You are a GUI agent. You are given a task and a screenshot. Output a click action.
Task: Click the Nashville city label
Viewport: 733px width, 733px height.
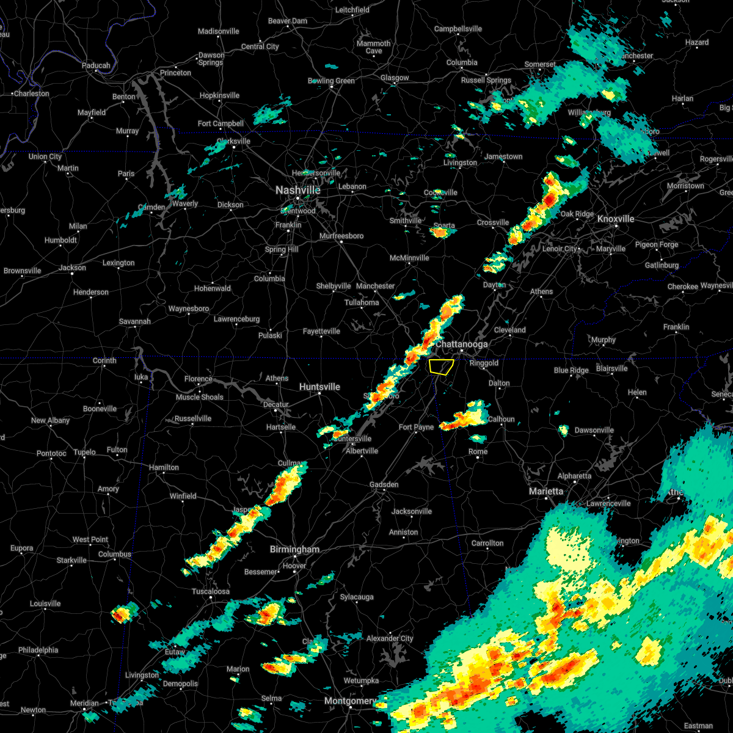click(297, 191)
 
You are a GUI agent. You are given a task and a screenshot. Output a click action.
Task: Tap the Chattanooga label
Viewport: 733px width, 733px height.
click(461, 345)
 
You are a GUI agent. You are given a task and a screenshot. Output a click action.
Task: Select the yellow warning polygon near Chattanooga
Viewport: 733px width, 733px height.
click(440, 366)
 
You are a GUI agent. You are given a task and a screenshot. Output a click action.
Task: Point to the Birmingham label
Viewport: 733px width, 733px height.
click(294, 550)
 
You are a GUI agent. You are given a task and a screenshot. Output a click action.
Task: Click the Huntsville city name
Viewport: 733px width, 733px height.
click(319, 387)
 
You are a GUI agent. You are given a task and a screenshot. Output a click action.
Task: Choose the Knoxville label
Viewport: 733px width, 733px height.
click(616, 219)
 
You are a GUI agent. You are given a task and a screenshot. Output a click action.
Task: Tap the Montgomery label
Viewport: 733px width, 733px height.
click(350, 701)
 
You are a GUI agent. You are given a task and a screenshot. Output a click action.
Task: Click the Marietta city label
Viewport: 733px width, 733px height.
click(546, 492)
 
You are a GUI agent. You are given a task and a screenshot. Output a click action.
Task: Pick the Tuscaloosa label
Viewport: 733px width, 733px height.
click(211, 591)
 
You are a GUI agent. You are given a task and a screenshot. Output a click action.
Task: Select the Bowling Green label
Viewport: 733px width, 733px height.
click(332, 81)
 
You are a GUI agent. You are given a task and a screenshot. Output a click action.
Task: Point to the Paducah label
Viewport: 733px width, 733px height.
click(96, 66)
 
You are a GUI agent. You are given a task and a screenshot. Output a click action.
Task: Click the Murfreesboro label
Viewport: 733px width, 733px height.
click(341, 236)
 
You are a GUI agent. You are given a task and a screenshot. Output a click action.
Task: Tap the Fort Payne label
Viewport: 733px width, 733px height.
click(417, 428)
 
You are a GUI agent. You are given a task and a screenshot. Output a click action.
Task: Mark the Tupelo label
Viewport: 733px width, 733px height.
click(85, 453)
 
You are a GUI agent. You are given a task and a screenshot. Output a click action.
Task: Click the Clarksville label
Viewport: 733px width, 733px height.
click(233, 142)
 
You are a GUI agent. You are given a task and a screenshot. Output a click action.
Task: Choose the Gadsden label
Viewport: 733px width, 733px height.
click(384, 485)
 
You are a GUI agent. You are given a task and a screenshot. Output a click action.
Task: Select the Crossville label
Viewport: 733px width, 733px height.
click(493, 223)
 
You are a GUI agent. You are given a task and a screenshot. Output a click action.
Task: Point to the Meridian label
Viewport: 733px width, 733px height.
click(84, 704)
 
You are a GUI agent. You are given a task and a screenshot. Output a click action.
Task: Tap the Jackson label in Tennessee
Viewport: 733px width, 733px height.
click(72, 268)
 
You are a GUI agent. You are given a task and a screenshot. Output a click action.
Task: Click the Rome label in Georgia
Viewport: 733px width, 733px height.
click(478, 452)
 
